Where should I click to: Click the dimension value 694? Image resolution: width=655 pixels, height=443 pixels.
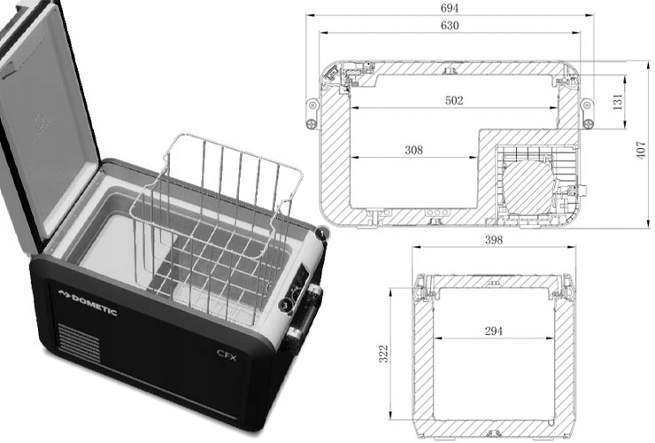(x=449, y=7)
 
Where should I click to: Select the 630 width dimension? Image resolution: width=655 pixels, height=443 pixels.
(x=449, y=26)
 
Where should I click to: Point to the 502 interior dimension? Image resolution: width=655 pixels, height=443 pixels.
(x=453, y=101)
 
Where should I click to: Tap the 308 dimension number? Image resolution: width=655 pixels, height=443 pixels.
(x=413, y=151)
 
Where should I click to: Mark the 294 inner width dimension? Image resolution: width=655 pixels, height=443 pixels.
(x=494, y=330)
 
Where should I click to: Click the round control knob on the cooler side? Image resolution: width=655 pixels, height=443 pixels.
(x=286, y=306)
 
